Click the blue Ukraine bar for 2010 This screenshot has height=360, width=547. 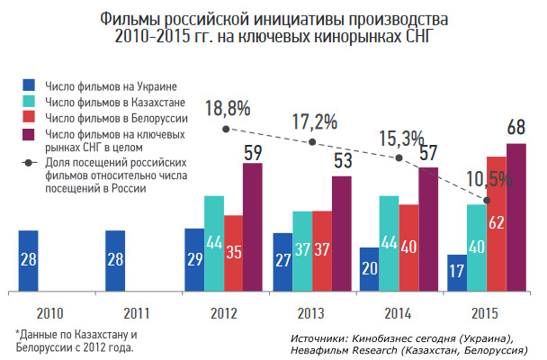[x=28, y=261]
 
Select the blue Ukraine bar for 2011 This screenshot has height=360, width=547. [x=116, y=261]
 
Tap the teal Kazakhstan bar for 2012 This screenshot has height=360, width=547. [x=214, y=243]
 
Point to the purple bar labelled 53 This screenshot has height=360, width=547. [x=342, y=233]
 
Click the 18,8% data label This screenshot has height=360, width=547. [x=229, y=109]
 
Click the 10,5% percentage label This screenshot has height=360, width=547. [x=489, y=179]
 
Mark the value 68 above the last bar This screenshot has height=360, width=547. [x=516, y=126]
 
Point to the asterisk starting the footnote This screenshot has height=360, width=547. [x=18, y=335]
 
